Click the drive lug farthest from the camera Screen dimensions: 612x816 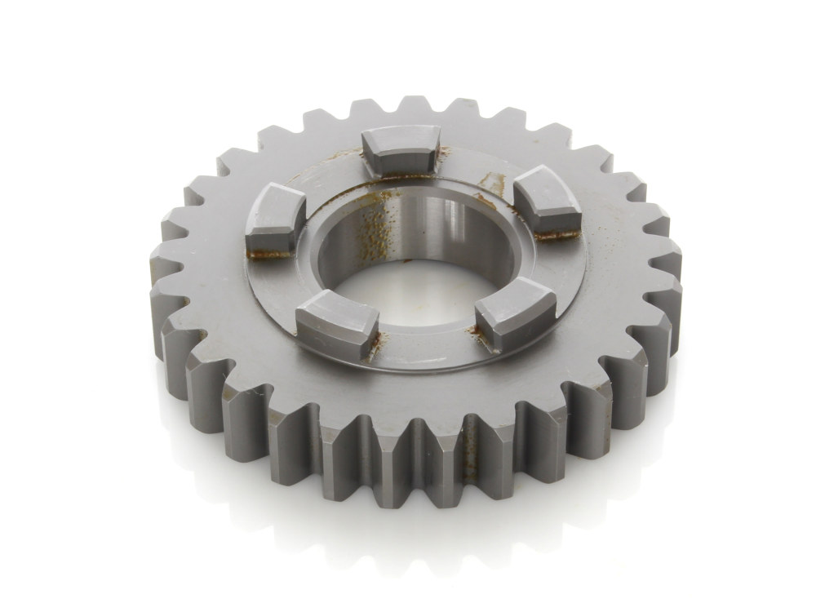400,149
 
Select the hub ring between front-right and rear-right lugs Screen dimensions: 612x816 555,269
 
